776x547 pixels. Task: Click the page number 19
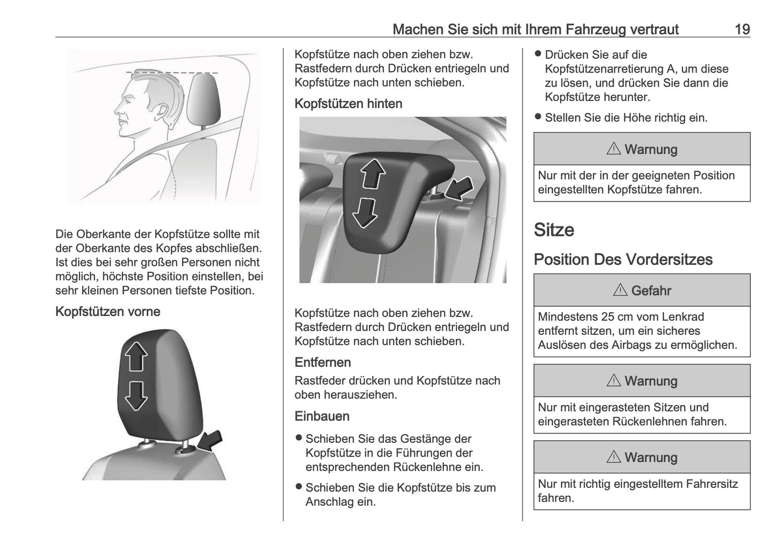click(742, 29)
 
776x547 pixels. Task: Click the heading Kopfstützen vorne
click(107, 312)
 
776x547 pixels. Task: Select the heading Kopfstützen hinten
click(348, 104)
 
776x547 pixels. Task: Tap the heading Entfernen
click(322, 363)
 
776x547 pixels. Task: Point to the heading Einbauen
click(322, 416)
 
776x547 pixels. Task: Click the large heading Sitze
click(554, 230)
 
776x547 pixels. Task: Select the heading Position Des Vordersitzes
click(623, 260)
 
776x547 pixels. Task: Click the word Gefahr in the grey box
click(651, 291)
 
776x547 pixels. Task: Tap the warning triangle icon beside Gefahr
click(620, 290)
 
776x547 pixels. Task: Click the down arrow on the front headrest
click(136, 396)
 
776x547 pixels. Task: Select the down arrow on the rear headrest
click(365, 212)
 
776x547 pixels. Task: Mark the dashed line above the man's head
click(172, 72)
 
